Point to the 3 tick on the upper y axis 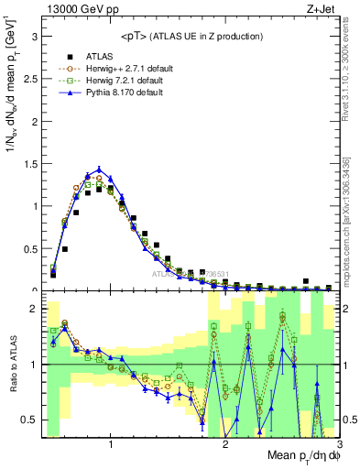tap(34, 37)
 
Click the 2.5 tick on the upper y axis tap(30, 79)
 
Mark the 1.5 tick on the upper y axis tap(30, 164)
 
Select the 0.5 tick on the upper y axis tap(30, 248)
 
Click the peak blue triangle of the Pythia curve tap(99, 169)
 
